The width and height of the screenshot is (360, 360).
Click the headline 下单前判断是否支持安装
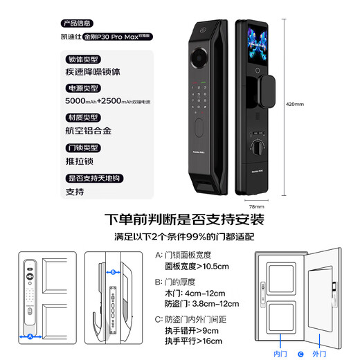click(183, 220)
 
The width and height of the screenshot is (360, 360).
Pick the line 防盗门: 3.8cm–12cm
click(201, 303)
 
